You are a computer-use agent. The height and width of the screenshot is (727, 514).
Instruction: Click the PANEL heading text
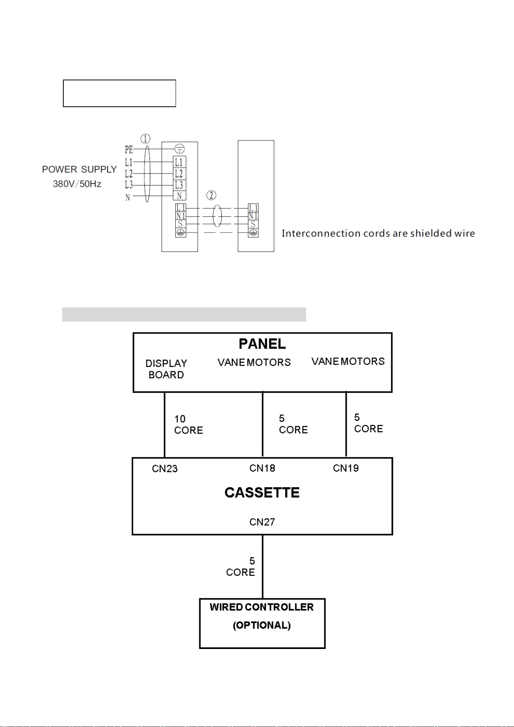click(262, 344)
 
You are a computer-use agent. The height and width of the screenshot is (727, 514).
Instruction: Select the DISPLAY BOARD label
click(166, 369)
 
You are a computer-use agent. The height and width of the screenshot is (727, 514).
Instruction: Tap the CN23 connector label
click(165, 469)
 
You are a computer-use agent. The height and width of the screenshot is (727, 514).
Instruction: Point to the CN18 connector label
click(262, 468)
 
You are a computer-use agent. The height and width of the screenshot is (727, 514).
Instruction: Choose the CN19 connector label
click(346, 468)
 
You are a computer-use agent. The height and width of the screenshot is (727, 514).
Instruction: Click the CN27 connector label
click(262, 522)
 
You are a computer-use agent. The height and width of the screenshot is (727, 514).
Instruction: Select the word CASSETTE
click(262, 493)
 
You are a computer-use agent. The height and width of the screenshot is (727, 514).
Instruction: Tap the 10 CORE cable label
click(188, 425)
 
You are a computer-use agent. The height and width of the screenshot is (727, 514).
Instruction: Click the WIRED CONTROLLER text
click(262, 607)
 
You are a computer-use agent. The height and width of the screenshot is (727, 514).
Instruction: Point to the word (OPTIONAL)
click(262, 625)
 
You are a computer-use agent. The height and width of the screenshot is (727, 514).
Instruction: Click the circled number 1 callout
click(145, 139)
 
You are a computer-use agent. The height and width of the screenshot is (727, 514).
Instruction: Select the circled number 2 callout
click(211, 195)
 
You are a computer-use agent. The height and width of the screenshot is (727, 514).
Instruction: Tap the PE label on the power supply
click(129, 149)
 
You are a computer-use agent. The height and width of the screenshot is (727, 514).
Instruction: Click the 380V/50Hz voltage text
click(77, 184)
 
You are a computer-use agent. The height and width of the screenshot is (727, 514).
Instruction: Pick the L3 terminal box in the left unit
click(179, 185)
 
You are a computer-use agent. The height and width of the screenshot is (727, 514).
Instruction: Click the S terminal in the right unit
click(253, 224)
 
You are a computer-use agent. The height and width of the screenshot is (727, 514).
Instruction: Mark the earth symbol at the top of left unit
click(179, 149)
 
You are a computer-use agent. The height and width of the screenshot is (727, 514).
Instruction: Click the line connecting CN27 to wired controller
click(263, 567)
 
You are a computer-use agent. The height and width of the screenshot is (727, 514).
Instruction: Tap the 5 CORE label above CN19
click(368, 423)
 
